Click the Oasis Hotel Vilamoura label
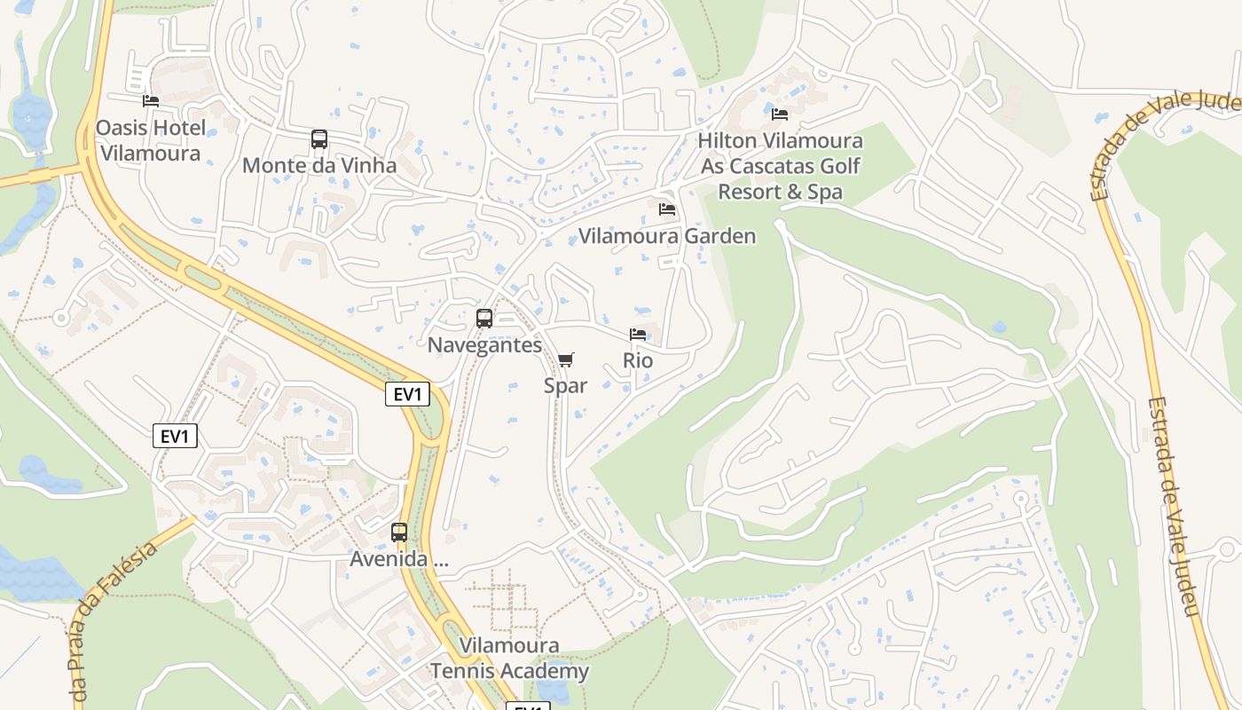[x=150, y=140]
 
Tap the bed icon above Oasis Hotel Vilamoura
[x=151, y=101]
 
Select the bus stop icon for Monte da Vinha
[x=319, y=139]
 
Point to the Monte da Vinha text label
[x=319, y=165]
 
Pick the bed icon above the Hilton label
[x=780, y=114]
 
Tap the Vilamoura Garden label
[x=667, y=235]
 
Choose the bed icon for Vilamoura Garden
[x=667, y=209]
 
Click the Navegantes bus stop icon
[x=484, y=319]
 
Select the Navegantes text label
[x=484, y=344]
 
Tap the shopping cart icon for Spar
[x=566, y=359]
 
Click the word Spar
[x=566, y=385]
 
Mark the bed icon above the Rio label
[x=638, y=335]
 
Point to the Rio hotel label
[x=638, y=360]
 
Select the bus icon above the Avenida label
[x=399, y=532]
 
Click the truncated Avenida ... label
[x=399, y=559]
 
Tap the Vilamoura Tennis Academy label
[x=509, y=658]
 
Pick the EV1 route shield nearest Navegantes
[x=407, y=394]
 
